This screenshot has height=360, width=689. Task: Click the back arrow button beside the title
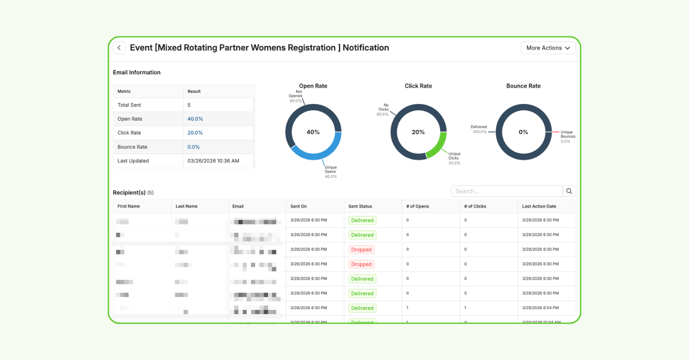coord(119,48)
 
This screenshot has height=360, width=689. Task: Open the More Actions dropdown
coord(548,48)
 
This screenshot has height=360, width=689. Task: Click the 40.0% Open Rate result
coord(195,119)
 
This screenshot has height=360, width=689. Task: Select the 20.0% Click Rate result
coord(195,133)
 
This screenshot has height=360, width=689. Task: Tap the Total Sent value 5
coord(189,105)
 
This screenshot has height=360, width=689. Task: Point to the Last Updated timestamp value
coord(213,161)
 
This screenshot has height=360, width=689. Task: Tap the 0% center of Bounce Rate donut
coord(523,132)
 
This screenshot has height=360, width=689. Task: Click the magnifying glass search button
coord(569,191)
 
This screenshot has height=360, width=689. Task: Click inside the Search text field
coord(507,191)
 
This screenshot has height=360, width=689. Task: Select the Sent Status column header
coord(360,206)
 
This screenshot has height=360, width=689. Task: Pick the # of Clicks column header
coord(475,206)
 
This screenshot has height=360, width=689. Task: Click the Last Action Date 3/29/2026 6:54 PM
coord(541,308)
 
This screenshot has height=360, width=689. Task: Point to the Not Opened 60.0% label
coord(296,96)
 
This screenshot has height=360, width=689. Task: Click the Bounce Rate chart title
coord(523,86)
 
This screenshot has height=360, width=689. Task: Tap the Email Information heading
coord(137,72)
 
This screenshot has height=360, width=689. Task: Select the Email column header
coord(238,206)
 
